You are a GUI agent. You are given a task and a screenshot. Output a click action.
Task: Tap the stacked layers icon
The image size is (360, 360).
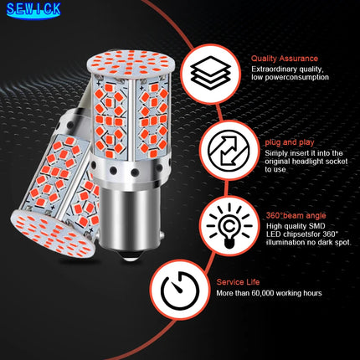[204, 68]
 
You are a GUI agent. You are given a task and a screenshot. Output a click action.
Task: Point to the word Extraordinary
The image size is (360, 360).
[273, 69]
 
